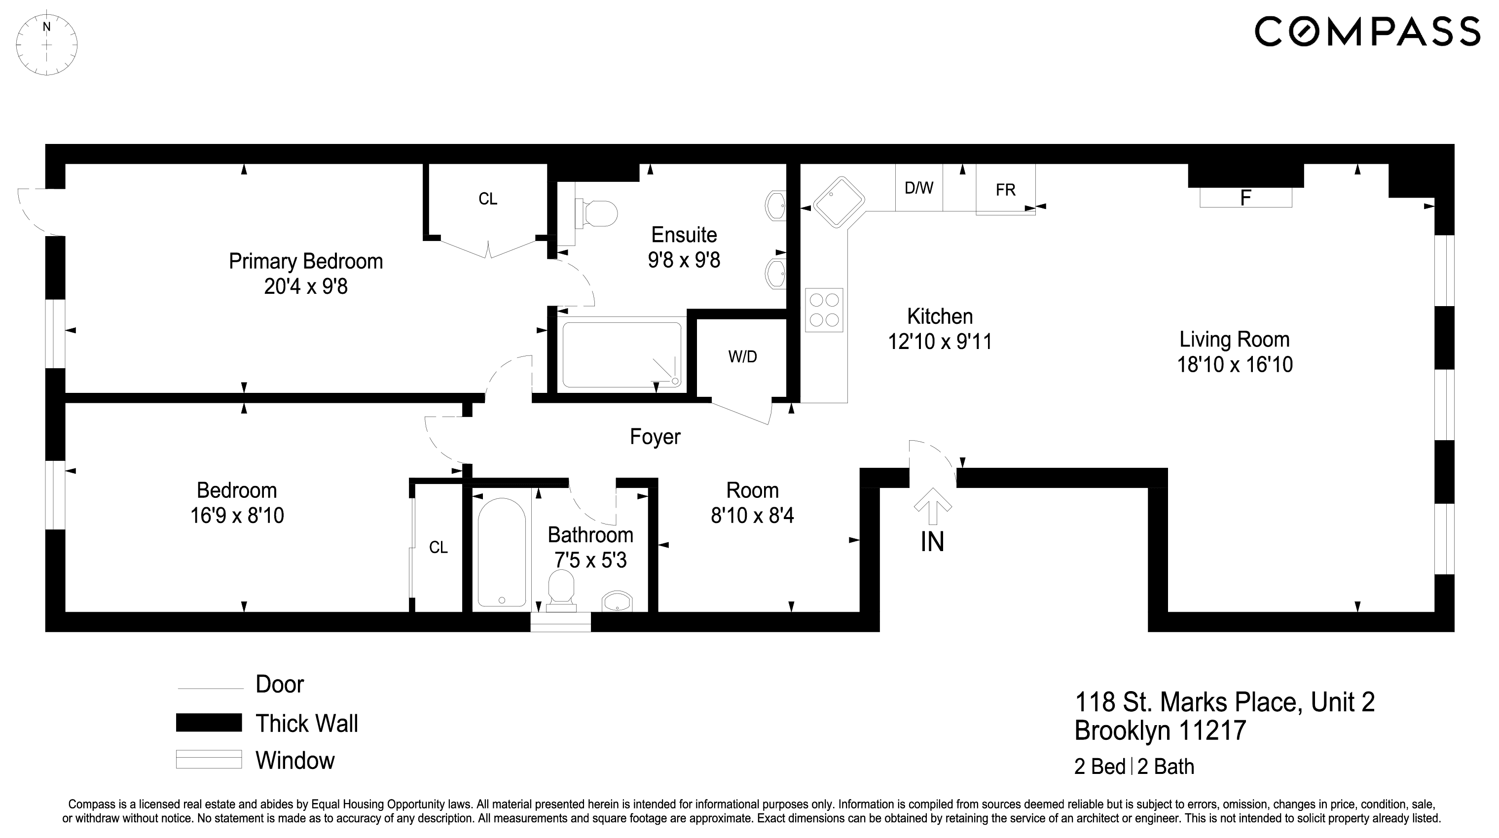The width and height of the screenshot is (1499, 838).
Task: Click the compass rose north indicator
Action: [46, 27]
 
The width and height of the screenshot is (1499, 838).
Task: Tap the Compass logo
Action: [1366, 32]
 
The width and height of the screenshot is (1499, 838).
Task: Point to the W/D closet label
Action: [742, 357]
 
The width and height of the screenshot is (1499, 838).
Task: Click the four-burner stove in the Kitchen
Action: [824, 310]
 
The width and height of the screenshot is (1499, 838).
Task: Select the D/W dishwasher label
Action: [919, 188]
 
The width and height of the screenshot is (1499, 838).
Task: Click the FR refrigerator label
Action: [1006, 190]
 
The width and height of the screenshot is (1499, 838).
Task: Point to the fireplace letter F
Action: [1245, 198]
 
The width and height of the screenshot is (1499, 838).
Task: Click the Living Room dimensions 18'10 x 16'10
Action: [1235, 365]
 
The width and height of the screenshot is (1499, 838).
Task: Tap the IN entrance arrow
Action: [932, 506]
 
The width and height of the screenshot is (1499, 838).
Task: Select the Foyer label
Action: [655, 437]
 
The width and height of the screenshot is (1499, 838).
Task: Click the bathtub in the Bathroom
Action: [502, 553]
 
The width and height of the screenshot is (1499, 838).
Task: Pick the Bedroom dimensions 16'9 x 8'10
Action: [237, 516]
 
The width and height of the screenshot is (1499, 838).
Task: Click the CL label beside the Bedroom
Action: [438, 547]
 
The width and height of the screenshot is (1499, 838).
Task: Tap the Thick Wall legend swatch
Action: [209, 723]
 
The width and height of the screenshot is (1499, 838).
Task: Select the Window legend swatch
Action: [209, 760]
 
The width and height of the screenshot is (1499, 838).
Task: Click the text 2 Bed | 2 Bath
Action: [1133, 767]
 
